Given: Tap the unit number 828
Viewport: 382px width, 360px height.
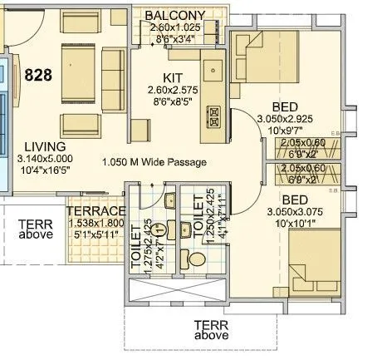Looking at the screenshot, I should click(x=38, y=75).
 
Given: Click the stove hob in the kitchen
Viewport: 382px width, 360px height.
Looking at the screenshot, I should click(x=213, y=111).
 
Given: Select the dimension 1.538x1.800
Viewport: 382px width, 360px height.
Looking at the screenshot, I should click(x=96, y=223).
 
